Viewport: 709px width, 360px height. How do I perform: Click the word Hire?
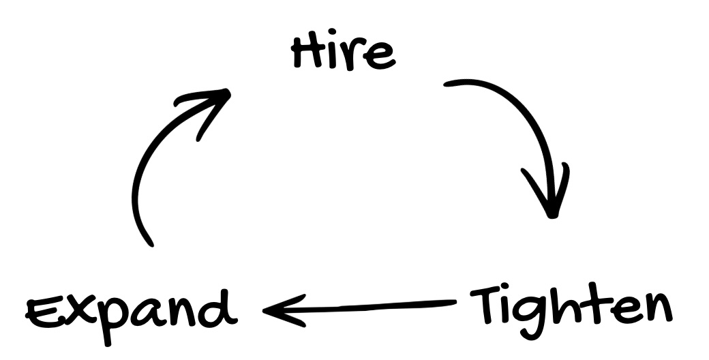tap(343, 53)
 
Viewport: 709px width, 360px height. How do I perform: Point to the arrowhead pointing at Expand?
tap(273, 311)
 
